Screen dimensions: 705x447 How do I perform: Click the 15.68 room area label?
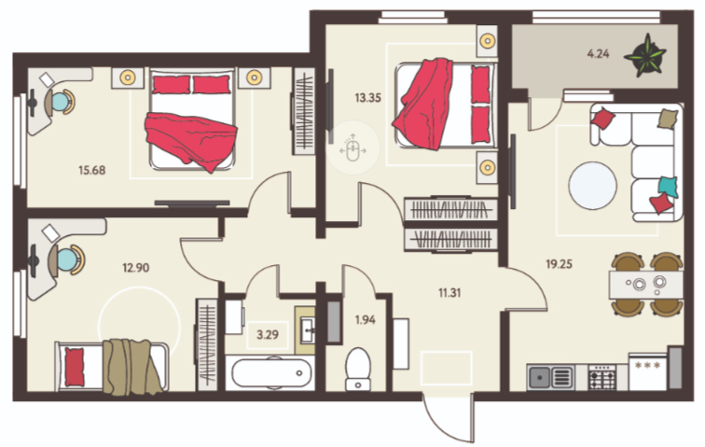pyautogui.click(x=91, y=170)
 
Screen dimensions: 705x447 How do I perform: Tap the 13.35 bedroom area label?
pyautogui.click(x=367, y=98)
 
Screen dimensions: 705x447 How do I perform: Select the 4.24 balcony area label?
pyautogui.click(x=598, y=53)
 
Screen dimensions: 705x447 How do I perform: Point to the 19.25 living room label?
pyautogui.click(x=559, y=264)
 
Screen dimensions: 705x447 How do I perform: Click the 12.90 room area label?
pyautogui.click(x=136, y=268)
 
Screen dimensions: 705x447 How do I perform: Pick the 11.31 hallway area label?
pyautogui.click(x=449, y=293)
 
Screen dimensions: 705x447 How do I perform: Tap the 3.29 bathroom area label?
pyautogui.click(x=268, y=334)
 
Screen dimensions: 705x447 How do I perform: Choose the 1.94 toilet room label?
pyautogui.click(x=366, y=319)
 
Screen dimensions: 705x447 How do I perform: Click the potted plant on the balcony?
pyautogui.click(x=644, y=55)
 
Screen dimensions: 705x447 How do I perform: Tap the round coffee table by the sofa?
pyautogui.click(x=592, y=186)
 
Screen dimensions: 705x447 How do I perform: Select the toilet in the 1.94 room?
pyautogui.click(x=358, y=369)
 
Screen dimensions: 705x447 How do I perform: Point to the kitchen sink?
pyautogui.click(x=550, y=377)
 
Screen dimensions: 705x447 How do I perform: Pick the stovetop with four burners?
pyautogui.click(x=602, y=378)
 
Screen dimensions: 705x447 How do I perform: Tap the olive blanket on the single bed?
pyautogui.click(x=131, y=367)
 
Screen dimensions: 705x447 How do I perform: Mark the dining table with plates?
pyautogui.click(x=645, y=284)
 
